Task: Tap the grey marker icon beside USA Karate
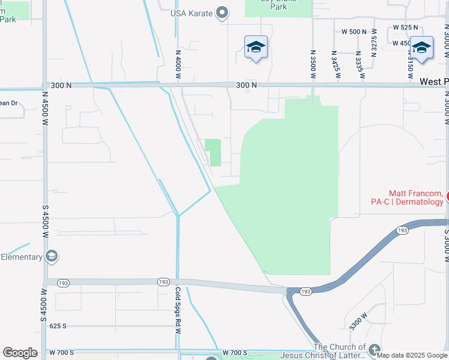tap(223, 13)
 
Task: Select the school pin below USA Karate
tap(256, 47)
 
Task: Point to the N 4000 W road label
tap(178, 64)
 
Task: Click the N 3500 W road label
tap(313, 64)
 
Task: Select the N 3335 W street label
tap(359, 65)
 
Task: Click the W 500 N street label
tap(354, 31)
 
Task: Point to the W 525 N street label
tap(405, 28)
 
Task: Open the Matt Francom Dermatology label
tap(416, 197)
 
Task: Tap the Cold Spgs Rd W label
tap(178, 310)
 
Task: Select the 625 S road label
tap(58, 326)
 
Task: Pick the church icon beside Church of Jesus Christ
tap(375, 350)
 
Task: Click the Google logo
tap(20, 353)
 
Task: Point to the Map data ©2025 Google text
tap(412, 355)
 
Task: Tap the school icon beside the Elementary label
tap(52, 257)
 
